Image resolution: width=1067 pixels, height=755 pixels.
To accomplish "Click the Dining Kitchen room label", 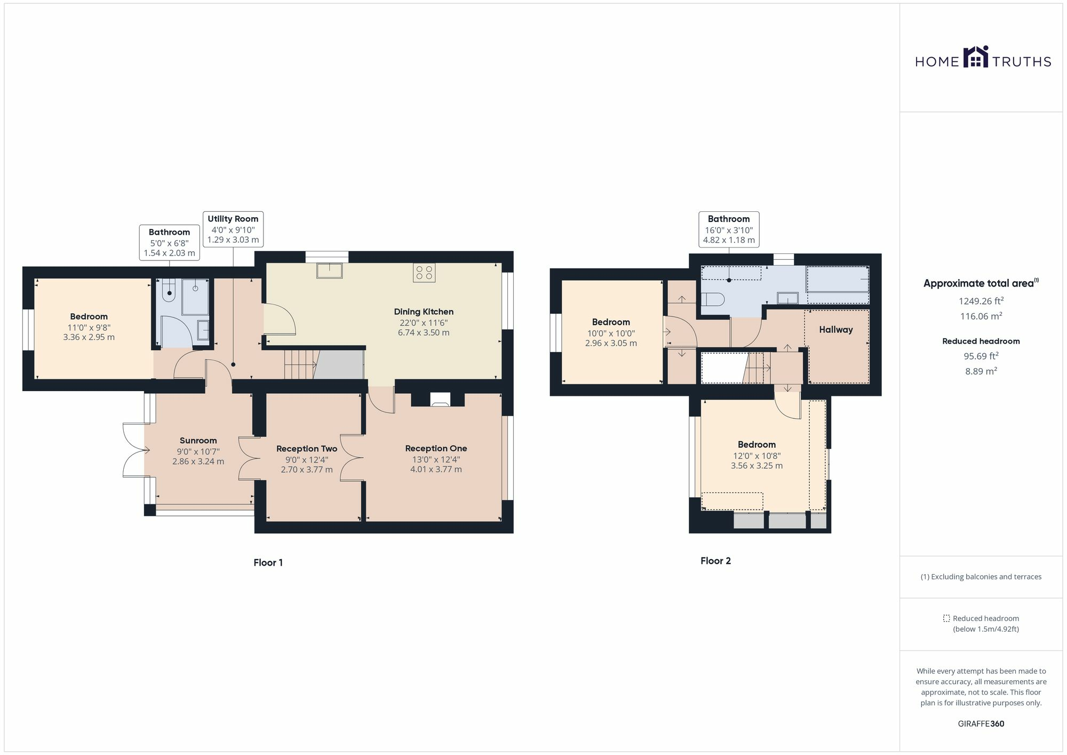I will coord(424,312).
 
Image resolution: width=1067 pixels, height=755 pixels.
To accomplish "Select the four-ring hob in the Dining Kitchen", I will coord(424,273).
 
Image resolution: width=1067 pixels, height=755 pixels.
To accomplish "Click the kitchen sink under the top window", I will coord(329,271).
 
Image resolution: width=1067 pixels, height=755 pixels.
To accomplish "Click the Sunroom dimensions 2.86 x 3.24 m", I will coord(198,461).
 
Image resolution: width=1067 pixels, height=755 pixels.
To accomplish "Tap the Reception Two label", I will coord(307,449).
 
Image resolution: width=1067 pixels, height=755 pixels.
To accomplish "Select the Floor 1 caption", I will coord(268,562).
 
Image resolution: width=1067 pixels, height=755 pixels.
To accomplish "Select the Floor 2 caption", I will coord(715,561).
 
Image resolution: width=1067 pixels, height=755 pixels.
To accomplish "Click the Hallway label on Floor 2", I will coord(835,330).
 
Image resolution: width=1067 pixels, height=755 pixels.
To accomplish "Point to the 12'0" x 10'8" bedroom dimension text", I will coord(757,456).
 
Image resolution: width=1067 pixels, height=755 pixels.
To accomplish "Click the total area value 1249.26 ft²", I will coord(981,301).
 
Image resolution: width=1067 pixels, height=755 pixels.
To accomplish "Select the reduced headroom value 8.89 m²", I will coord(981,371).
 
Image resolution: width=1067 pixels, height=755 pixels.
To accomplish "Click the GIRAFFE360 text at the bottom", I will coord(981,724).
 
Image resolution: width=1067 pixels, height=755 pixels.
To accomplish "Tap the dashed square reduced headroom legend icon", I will coord(946,618).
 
